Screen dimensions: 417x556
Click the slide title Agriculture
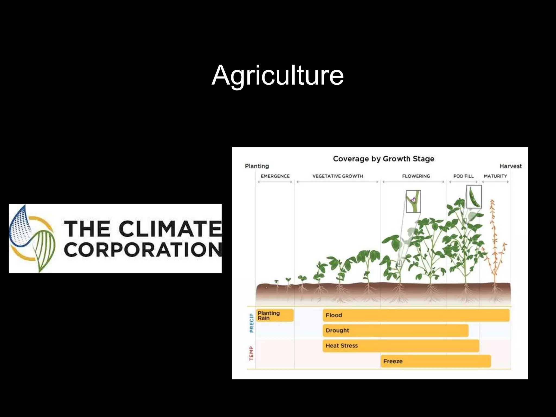click(277, 75)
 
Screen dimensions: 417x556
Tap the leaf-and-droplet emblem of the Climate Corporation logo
click(32, 239)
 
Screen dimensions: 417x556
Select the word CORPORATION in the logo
click(143, 250)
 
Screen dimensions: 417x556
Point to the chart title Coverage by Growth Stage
click(383, 159)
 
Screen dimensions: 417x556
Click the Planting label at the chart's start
click(257, 166)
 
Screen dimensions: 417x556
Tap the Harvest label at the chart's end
click(510, 166)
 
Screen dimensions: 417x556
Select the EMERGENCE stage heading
click(275, 176)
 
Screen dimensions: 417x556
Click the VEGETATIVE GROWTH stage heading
click(337, 176)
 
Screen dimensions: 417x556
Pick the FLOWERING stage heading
click(416, 176)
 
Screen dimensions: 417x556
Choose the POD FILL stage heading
click(463, 176)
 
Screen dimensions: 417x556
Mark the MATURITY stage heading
click(495, 176)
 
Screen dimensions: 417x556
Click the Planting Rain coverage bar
click(275, 315)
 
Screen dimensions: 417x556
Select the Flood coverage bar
click(416, 315)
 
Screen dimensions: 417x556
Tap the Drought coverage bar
click(395, 330)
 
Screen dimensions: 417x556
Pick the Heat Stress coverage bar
click(401, 346)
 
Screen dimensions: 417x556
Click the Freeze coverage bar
click(435, 361)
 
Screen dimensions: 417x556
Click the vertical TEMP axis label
click(251, 353)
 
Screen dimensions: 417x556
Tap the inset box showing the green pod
click(474, 197)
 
